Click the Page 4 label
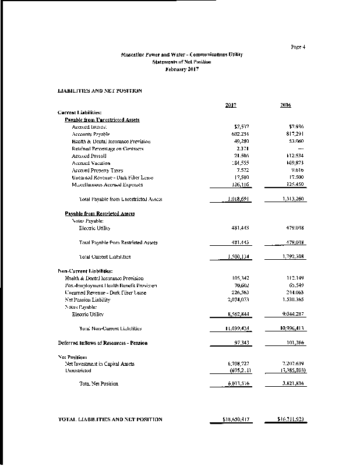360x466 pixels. [x=298, y=47]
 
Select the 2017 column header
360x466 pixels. [x=230, y=105]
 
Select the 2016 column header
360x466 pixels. [x=285, y=105]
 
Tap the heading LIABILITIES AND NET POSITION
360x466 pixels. [x=100, y=91]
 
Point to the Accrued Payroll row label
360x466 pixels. [x=86, y=156]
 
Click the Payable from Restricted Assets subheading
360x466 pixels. [x=100, y=214]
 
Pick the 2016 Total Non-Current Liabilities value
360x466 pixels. [x=291, y=329]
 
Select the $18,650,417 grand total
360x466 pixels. [x=232, y=419]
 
